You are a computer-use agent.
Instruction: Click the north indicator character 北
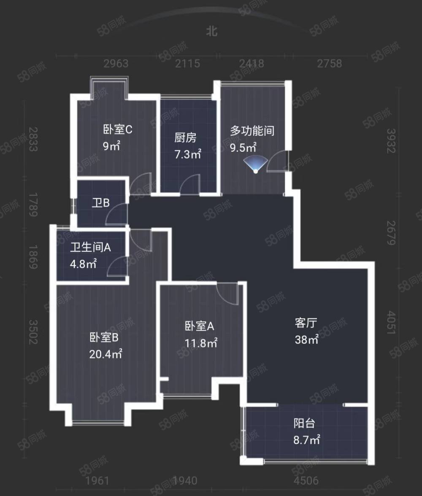212,31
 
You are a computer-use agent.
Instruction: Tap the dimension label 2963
116,64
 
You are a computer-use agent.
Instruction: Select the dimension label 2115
187,64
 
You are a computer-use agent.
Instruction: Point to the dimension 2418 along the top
251,64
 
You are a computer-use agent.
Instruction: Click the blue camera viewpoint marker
256,165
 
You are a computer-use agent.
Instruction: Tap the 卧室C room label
117,129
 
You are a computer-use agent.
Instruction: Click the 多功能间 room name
252,131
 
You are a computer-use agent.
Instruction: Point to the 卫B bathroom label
101,203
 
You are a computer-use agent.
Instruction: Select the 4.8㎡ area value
84,264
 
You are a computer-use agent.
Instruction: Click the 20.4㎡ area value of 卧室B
105,354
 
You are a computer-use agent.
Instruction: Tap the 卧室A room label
200,326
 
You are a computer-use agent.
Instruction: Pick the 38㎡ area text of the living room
307,340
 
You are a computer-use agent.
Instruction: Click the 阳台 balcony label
305,423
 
